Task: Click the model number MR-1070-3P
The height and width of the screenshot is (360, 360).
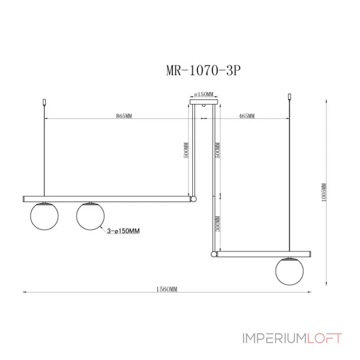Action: [x=201, y=72]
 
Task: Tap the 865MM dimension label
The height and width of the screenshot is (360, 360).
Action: [x=124, y=116]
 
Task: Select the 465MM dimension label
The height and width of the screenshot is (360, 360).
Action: [x=247, y=116]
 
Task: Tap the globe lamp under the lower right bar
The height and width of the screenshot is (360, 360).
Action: [x=289, y=271]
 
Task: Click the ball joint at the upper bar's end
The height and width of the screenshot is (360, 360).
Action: [x=193, y=198]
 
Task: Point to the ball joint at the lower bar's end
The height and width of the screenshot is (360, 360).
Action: [x=213, y=254]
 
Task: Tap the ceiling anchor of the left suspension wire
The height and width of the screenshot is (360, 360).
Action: [x=44, y=102]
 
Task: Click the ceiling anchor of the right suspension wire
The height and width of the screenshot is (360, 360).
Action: [x=289, y=96]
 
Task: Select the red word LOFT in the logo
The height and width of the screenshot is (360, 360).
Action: [x=324, y=337]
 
